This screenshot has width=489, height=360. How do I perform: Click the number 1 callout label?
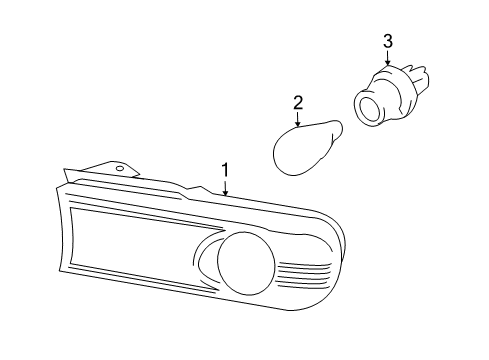click(x=226, y=169)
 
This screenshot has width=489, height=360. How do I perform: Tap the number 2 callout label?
click(x=297, y=102)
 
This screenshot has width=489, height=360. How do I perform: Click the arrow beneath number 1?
click(x=226, y=186)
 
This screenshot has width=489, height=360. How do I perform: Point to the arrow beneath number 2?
click(x=297, y=119)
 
